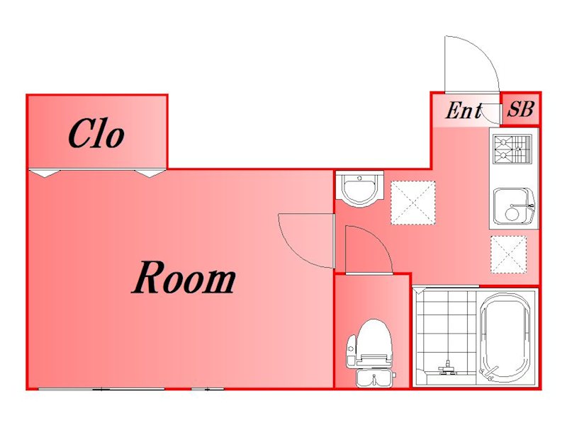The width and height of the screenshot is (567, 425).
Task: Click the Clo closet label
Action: [96, 134]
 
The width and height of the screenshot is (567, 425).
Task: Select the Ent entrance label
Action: [464, 110]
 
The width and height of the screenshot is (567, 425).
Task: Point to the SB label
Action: [521, 108]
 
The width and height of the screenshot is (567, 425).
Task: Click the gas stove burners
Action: [512, 149]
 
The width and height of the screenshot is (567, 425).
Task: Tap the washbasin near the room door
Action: [359, 188]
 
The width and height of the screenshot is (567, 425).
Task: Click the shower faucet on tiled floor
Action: [448, 367]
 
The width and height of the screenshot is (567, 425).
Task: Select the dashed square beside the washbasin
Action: [413, 203]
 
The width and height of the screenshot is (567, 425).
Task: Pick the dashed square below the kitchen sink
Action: [508, 254]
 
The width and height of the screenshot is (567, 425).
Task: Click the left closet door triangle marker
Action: [44, 173]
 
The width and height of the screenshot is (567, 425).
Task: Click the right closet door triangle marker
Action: [150, 173]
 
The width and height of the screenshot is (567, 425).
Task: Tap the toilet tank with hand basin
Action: [375, 378]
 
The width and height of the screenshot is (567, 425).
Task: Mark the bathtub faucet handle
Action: [489, 372]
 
